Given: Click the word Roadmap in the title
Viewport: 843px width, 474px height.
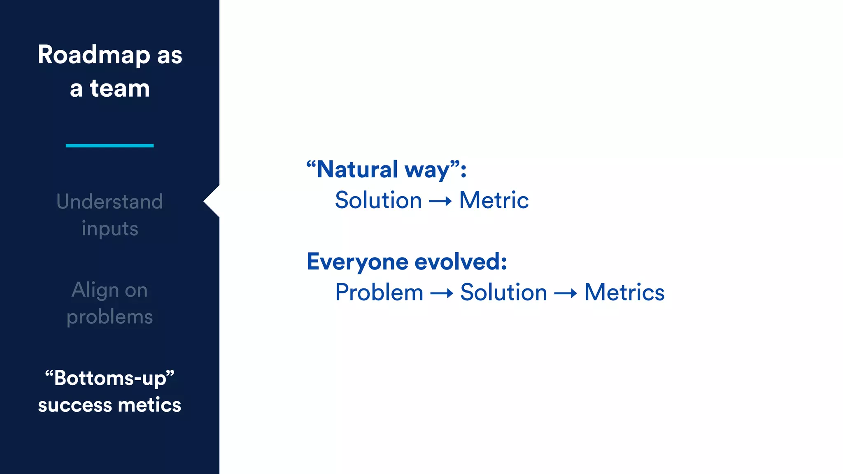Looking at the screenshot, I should (94, 55).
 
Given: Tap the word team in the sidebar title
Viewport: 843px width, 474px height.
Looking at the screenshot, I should (120, 88).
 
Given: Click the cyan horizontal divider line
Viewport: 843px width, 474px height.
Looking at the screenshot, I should (109, 146).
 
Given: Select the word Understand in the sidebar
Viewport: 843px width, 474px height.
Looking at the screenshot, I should (109, 202).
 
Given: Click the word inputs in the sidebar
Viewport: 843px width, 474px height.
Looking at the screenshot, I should (109, 229).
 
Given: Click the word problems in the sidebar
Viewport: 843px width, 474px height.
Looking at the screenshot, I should (109, 317).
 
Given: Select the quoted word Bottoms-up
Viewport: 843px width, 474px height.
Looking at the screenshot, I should (109, 378).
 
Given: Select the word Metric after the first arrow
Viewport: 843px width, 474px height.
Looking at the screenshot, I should (494, 200).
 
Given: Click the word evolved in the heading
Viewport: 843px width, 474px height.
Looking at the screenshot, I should (460, 262).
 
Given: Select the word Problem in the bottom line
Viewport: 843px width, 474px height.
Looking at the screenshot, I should (379, 293).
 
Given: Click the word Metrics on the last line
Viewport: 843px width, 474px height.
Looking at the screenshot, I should (624, 293).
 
